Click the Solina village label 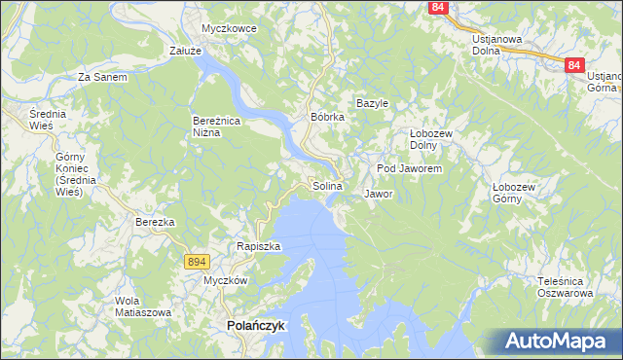327,186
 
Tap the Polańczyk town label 255,327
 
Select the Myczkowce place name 229,28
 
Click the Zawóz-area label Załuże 185,51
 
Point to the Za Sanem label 102,76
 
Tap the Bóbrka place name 327,117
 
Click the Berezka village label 155,222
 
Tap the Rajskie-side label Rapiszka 258,246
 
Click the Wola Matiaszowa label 143,306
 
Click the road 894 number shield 197,261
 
